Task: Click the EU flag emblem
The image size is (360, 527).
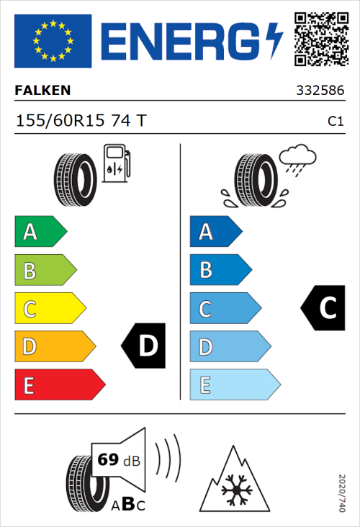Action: (53, 41)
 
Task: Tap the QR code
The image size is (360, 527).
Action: (320, 39)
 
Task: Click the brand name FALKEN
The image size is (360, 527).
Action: (42, 91)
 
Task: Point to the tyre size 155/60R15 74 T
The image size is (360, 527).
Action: (80, 121)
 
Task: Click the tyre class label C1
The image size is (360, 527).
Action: (335, 122)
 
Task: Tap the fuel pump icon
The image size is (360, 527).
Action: (116, 164)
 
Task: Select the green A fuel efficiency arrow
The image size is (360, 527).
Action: (40, 232)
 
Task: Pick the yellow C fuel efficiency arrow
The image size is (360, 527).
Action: (49, 309)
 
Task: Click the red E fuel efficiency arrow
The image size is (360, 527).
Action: (59, 385)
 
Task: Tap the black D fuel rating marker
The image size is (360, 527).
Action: (145, 346)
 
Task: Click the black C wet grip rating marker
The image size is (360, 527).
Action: (323, 308)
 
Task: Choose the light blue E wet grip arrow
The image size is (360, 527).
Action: (234, 385)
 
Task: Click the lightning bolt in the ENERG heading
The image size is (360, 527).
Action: (275, 40)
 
